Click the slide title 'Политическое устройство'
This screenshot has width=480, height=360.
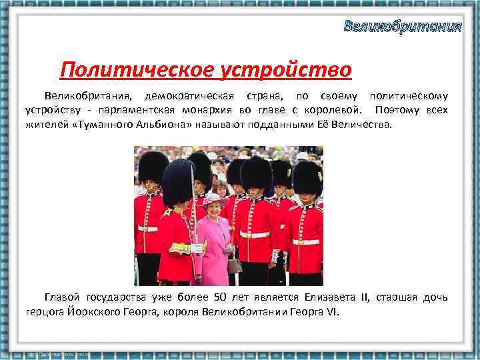tap(205, 69)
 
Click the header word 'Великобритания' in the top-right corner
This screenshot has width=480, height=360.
tap(402, 27)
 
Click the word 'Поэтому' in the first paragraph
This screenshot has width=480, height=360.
tap(398, 110)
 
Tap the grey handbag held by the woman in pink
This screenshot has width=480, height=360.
tap(234, 265)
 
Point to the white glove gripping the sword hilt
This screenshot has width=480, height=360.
tap(197, 248)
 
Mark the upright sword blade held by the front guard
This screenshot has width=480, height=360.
tap(193, 200)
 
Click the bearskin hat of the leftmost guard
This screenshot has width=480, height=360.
tap(153, 168)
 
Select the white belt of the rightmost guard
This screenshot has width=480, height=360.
tap(307, 241)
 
